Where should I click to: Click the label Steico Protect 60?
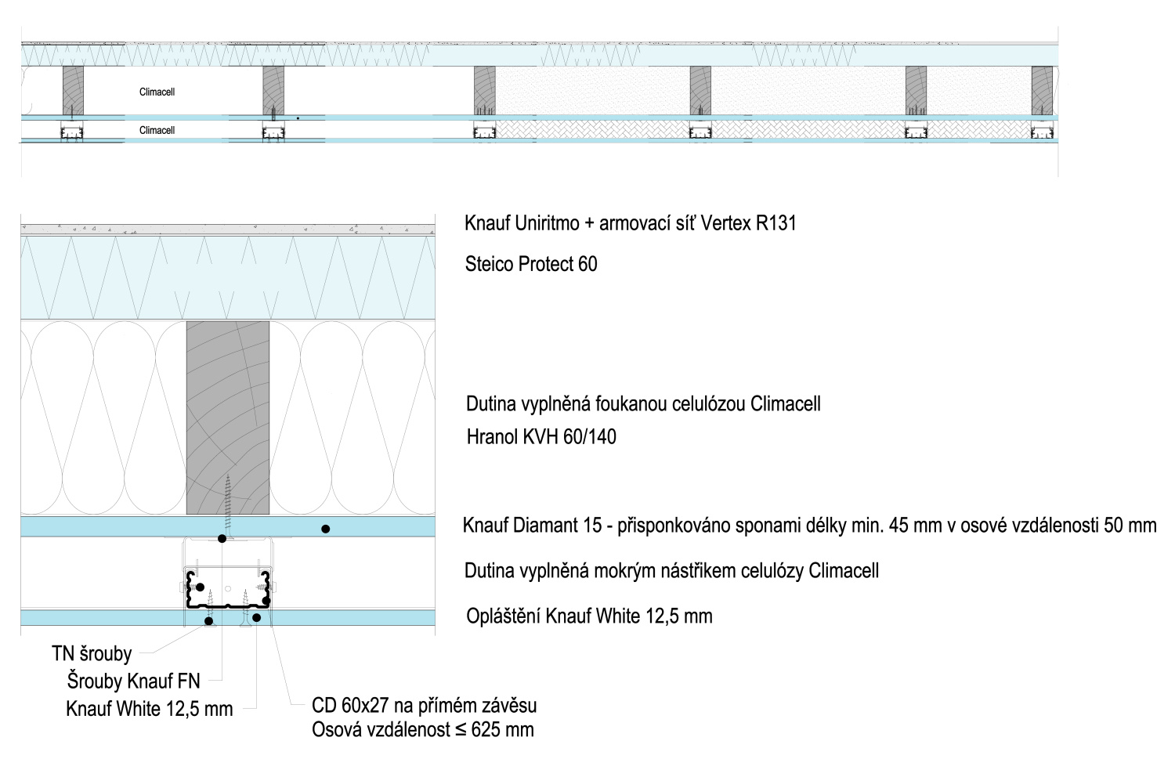click(x=531, y=264)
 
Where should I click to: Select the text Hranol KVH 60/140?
click(x=541, y=436)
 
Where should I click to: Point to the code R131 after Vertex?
click(x=775, y=223)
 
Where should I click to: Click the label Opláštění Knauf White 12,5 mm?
click(x=589, y=616)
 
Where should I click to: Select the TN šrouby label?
click(x=92, y=654)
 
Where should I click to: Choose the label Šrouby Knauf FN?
click(x=133, y=681)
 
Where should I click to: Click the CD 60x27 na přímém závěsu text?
click(x=424, y=705)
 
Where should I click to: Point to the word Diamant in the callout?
click(x=548, y=525)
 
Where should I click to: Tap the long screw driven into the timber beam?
click(x=228, y=501)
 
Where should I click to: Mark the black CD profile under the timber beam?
click(x=228, y=591)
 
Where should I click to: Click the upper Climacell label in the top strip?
click(x=157, y=92)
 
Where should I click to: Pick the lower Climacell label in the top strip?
click(x=157, y=130)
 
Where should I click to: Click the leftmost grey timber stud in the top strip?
click(x=73, y=90)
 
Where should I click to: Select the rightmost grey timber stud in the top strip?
click(x=1042, y=90)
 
